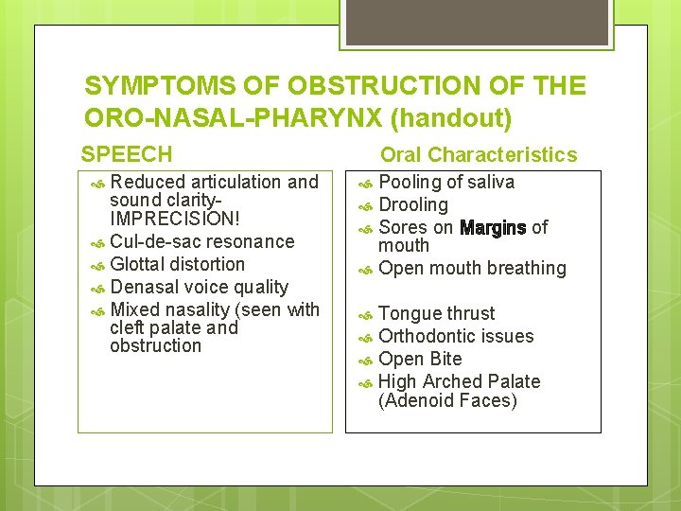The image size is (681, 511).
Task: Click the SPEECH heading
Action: point(127,154)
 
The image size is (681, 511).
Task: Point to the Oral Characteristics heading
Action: point(478,154)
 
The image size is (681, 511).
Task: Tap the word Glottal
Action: point(138,264)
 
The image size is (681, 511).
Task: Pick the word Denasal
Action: point(143,287)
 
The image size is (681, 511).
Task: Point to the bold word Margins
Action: point(492,227)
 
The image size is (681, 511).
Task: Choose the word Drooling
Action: point(412,204)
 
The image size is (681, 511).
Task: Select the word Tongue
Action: point(408,314)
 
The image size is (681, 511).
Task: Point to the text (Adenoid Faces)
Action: point(447,400)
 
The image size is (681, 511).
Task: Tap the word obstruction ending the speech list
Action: point(155,345)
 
